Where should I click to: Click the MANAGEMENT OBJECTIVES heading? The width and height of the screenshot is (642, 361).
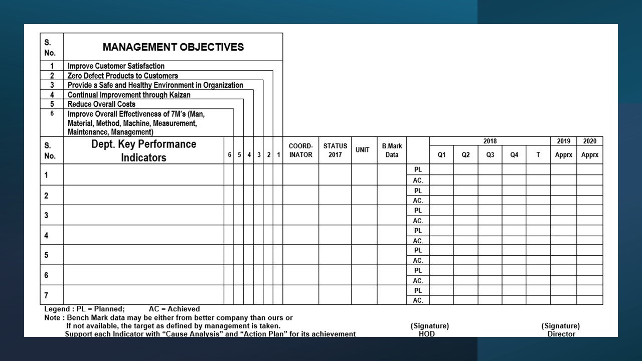pyautogui.click(x=173, y=47)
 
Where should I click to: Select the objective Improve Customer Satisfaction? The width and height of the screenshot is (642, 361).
pyautogui.click(x=116, y=66)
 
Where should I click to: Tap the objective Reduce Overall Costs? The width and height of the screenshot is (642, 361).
pyautogui.click(x=101, y=104)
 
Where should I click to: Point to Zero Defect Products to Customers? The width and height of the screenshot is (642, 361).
pyautogui.click(x=122, y=76)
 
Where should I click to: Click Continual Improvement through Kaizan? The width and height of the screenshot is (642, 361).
pyautogui.click(x=129, y=95)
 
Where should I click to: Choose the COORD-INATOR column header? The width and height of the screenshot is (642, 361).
pyautogui.click(x=300, y=150)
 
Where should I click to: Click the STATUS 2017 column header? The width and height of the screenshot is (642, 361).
pyautogui.click(x=335, y=150)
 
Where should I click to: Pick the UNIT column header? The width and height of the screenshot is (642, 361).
pyautogui.click(x=363, y=150)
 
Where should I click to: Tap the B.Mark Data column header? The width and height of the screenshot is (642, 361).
pyautogui.click(x=392, y=150)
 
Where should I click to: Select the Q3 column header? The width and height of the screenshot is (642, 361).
pyautogui.click(x=490, y=155)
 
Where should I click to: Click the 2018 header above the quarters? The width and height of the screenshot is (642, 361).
pyautogui.click(x=490, y=141)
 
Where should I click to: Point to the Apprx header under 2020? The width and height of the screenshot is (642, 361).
pyautogui.click(x=590, y=155)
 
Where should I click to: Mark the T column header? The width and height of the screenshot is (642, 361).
pyautogui.click(x=538, y=155)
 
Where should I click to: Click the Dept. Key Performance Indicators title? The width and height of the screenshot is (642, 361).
pyautogui.click(x=143, y=151)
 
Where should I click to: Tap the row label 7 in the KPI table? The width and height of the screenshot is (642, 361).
pyautogui.click(x=46, y=295)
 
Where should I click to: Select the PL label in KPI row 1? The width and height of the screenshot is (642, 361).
pyautogui.click(x=418, y=170)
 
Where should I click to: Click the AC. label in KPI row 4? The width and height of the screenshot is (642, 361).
pyautogui.click(x=418, y=241)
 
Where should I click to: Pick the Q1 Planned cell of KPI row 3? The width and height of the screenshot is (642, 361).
pyautogui.click(x=441, y=211)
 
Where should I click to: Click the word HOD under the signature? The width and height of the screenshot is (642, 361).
pyautogui.click(x=427, y=333)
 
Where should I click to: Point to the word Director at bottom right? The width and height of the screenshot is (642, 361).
pyautogui.click(x=561, y=333)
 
